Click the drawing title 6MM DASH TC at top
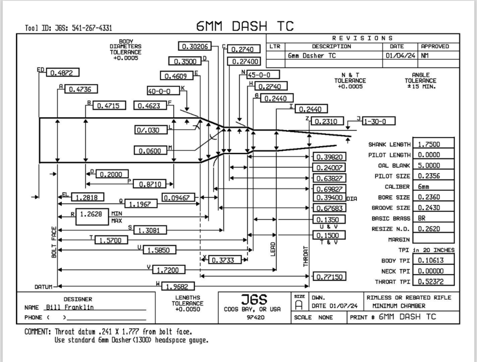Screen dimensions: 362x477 245,26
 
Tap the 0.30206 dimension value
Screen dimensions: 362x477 194,46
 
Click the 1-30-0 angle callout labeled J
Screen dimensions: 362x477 379,121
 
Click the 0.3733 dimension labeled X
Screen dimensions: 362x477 225,259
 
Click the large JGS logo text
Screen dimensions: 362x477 252,299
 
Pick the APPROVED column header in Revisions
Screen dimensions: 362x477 435,46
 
